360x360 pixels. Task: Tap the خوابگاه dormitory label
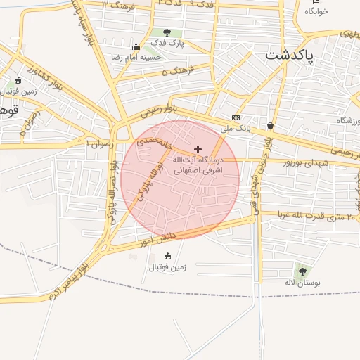tap(317, 11)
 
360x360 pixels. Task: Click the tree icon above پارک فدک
tap(167, 32)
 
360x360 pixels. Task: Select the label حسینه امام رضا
tap(136, 56)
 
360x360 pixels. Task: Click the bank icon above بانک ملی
tap(236, 117)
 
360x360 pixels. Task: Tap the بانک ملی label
tap(235, 129)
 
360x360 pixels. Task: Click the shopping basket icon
tap(270, 125)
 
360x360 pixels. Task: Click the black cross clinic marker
tap(198, 149)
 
